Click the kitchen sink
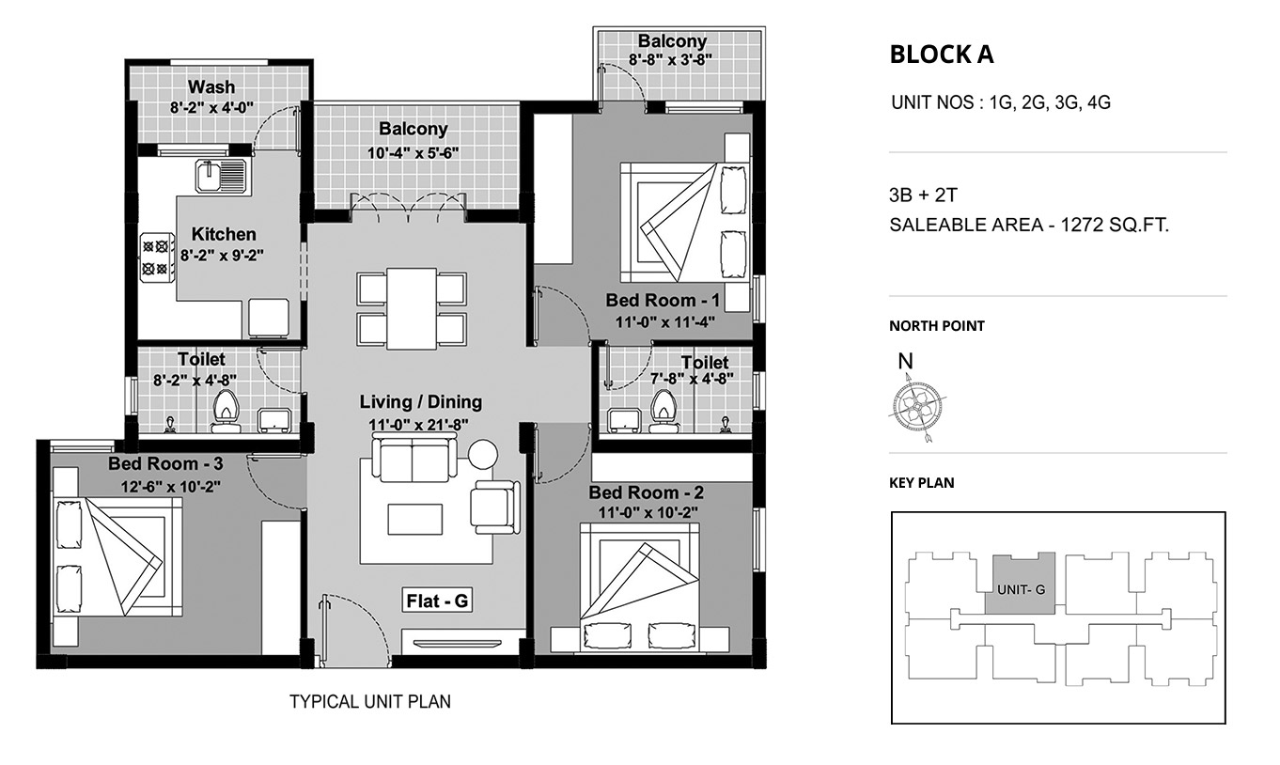click(223, 176)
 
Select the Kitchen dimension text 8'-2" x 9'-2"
click(223, 256)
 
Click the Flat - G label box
click(437, 601)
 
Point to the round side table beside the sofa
click(483, 455)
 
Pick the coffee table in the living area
click(414, 520)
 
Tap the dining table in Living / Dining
click(412, 308)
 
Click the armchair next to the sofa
click(495, 507)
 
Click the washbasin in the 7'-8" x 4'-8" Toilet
click(624, 421)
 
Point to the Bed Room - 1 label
click(663, 300)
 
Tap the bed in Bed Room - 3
click(117, 556)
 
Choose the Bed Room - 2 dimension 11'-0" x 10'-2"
click(648, 512)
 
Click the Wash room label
click(211, 86)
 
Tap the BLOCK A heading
click(942, 55)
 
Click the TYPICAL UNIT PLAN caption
click(370, 701)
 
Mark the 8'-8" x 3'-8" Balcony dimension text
click(670, 59)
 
